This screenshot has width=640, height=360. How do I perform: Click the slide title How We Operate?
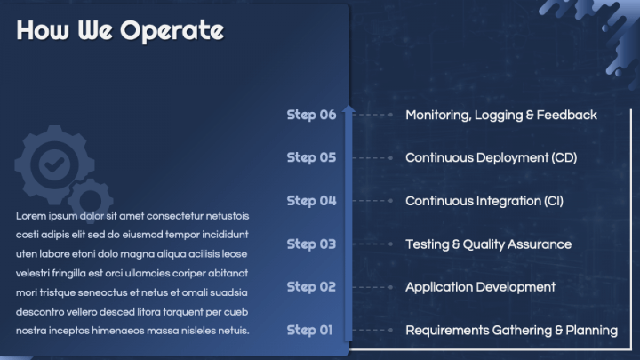(120, 31)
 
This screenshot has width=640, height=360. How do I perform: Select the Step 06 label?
(311, 115)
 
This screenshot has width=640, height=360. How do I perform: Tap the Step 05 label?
(311, 157)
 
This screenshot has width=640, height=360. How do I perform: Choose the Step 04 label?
(311, 201)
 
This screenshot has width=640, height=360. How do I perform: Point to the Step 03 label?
(311, 244)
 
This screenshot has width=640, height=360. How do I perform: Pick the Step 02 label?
(311, 287)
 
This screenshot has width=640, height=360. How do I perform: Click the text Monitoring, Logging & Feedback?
(500, 115)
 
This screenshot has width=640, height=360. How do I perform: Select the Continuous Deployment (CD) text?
(491, 157)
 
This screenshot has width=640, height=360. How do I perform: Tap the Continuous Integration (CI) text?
(490, 201)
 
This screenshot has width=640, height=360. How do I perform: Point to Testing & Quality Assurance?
(488, 244)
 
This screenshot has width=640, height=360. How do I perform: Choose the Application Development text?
(480, 287)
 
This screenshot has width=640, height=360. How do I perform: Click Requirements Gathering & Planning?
(511, 330)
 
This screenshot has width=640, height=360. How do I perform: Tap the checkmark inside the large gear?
(55, 164)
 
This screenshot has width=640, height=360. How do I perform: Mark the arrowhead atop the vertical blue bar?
(348, 110)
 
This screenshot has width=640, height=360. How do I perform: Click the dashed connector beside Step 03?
(375, 244)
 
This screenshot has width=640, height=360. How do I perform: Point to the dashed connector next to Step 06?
(375, 115)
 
